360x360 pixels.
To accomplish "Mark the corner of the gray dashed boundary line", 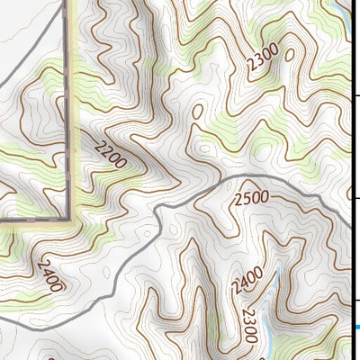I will (x=70, y=218).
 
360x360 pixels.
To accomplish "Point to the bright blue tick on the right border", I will (x=355, y=327).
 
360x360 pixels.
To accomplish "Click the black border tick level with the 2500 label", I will (x=355, y=199).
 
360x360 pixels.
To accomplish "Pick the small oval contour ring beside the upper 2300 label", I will (x=289, y=54).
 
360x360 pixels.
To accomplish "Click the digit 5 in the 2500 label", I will (x=245, y=197).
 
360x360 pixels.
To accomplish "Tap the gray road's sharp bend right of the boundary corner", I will (x=158, y=208).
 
